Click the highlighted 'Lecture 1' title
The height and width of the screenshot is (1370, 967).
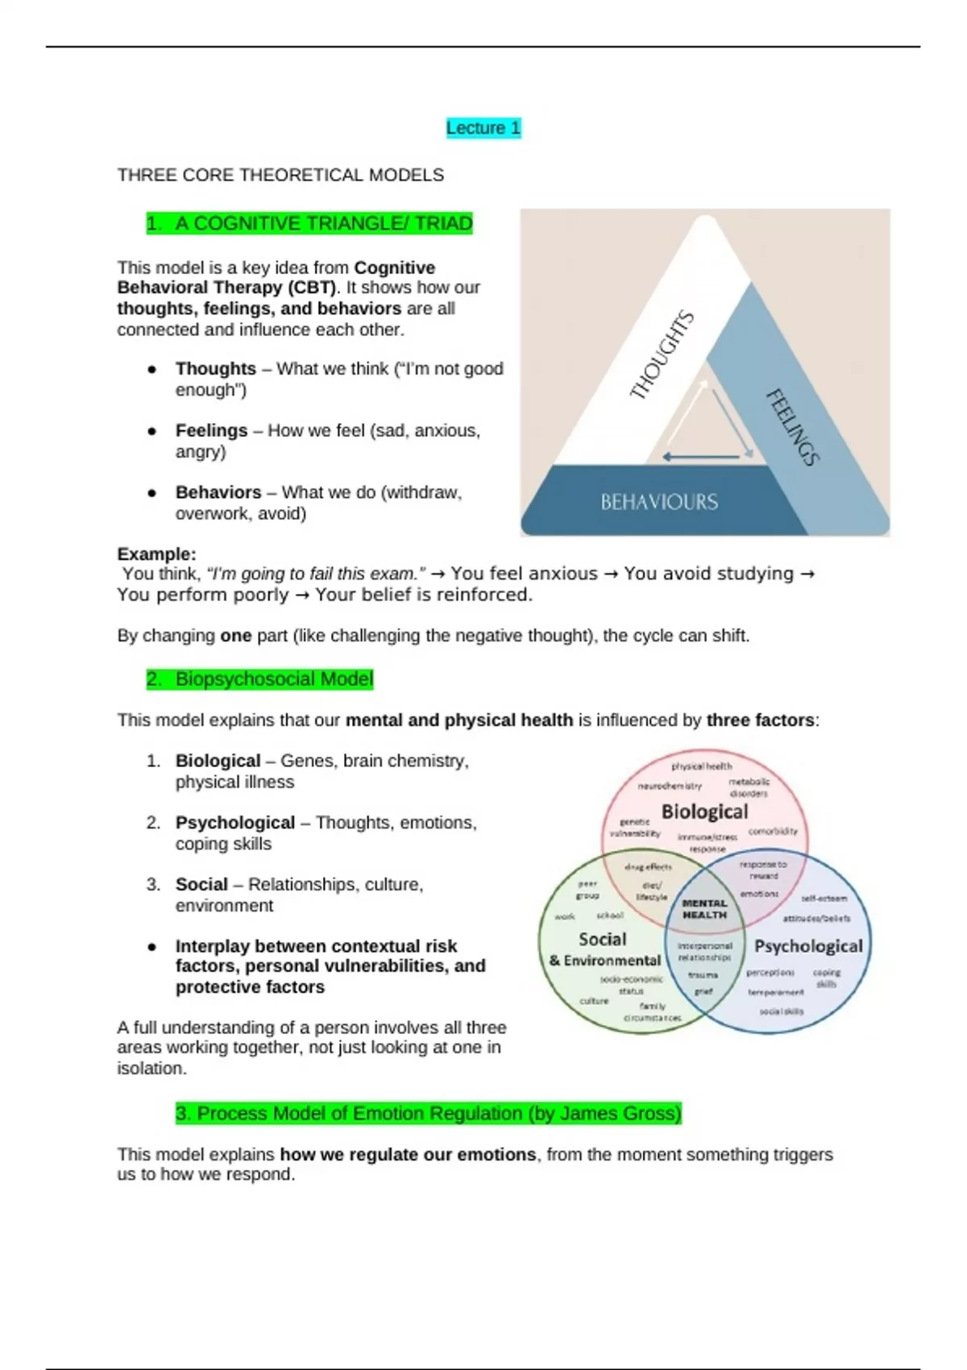tap(483, 128)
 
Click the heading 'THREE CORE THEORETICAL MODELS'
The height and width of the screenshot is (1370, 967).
tap(280, 175)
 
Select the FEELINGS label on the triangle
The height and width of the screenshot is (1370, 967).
tap(792, 427)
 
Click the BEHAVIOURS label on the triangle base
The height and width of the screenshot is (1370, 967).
tap(659, 502)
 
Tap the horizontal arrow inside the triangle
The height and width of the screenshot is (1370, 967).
tap(701, 457)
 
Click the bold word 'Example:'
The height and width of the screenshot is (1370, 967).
tap(156, 554)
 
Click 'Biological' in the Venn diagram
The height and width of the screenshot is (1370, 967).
tap(704, 812)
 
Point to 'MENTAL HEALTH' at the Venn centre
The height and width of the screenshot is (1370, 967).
tap(704, 909)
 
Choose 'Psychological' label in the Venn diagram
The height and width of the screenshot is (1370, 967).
tap(807, 946)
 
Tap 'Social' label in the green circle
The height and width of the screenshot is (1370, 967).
tap(602, 939)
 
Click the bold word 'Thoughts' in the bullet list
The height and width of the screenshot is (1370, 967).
tap(215, 368)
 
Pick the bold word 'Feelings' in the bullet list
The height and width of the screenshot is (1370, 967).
tap(211, 430)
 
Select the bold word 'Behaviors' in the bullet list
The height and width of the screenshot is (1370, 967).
tap(218, 492)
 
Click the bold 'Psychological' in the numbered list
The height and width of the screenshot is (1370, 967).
tap(234, 823)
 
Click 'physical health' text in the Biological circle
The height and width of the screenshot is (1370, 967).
tap(701, 766)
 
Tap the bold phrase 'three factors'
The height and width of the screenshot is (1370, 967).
tap(760, 720)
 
